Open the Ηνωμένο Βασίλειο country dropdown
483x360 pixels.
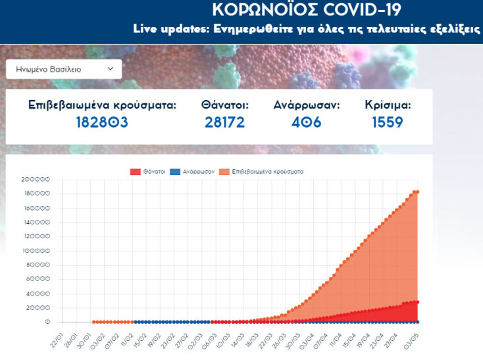(64, 68)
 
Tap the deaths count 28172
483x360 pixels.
(224, 122)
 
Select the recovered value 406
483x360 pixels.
(306, 122)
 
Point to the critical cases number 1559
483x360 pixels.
(388, 122)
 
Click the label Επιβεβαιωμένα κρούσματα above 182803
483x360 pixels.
(103, 105)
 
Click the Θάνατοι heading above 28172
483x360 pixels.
(225, 105)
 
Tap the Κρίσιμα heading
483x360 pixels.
(388, 105)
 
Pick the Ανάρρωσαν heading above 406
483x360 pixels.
(307, 105)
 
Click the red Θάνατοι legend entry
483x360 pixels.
(147, 171)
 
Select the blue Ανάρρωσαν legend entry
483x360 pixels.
(195, 171)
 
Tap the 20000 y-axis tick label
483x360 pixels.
(38, 308)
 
